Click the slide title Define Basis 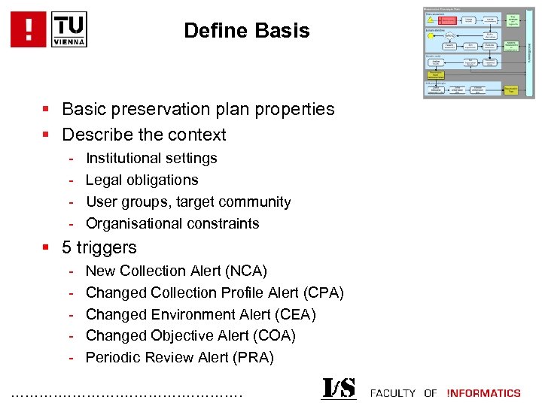(x=246, y=31)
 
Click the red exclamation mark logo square (x=29, y=29)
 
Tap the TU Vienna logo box (x=69, y=29)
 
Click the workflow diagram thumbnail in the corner (x=479, y=53)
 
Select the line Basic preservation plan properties (x=198, y=109)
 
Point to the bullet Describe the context (x=144, y=135)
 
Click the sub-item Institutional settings (x=151, y=158)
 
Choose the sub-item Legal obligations (x=142, y=180)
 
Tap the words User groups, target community (x=188, y=201)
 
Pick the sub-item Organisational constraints (x=172, y=223)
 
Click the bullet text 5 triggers (x=99, y=247)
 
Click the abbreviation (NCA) (x=242, y=271)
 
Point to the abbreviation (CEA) (x=291, y=314)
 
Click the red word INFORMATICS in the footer (x=483, y=392)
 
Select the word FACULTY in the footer (x=393, y=392)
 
